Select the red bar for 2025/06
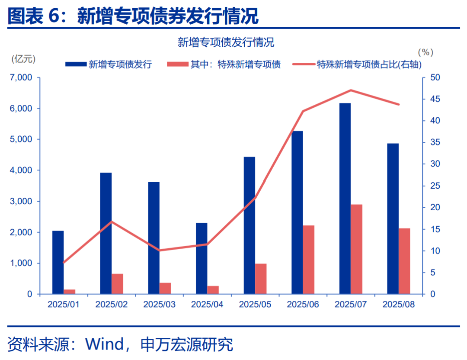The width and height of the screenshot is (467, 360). coord(308,260)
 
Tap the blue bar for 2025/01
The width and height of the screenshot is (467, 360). coord(58,262)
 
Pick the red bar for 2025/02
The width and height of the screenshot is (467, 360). coord(117,284)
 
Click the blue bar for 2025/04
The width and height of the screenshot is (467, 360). coord(202,258)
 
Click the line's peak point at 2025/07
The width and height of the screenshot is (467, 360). coord(351,90)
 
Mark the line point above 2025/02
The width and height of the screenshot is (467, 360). coord(112,222)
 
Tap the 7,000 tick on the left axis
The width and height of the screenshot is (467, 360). coord(21,77)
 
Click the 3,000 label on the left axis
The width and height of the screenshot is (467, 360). coord(21,201)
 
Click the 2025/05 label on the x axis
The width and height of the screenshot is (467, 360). coord(255,305)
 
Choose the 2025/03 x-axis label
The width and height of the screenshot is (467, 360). coord(159,305)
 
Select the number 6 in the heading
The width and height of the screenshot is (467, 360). coord(54,16)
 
